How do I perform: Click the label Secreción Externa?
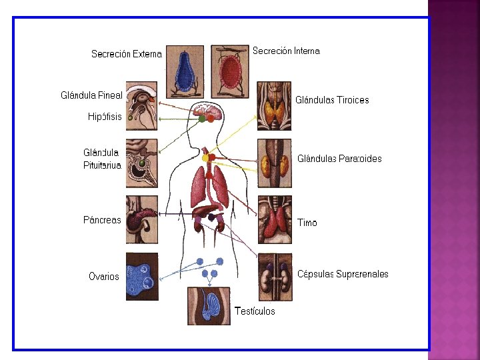click(x=126, y=54)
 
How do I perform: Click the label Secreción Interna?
click(x=286, y=51)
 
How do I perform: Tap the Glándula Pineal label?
click(x=91, y=95)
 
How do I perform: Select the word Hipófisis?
click(x=105, y=117)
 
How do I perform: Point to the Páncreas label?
click(x=102, y=219)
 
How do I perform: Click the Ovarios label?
click(x=104, y=276)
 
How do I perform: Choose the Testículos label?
click(x=255, y=311)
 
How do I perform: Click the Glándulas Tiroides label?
click(x=332, y=100)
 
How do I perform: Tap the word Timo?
click(x=307, y=223)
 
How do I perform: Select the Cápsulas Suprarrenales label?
click(x=343, y=274)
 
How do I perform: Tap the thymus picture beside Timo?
click(x=275, y=219)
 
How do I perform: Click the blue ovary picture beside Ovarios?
click(x=142, y=277)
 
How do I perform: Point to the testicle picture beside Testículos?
click(x=209, y=306)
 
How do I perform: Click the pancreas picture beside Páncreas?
click(x=142, y=219)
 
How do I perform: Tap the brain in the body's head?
click(x=207, y=111)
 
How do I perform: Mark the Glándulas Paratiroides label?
click(x=339, y=159)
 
